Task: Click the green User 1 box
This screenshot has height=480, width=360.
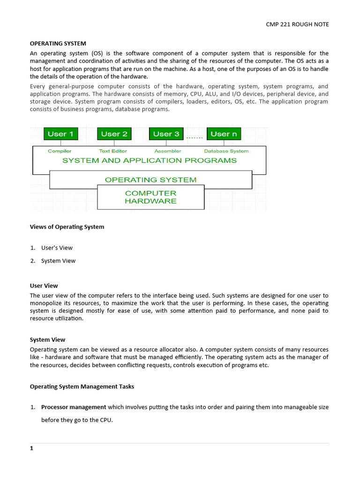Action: [61, 134]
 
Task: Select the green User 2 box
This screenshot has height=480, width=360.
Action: [114, 134]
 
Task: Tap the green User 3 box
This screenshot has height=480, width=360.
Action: [166, 134]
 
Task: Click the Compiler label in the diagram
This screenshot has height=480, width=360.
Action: [60, 151]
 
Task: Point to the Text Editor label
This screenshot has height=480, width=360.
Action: [113, 151]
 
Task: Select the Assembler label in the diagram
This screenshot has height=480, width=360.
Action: [167, 151]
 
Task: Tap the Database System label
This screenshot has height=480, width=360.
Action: [226, 151]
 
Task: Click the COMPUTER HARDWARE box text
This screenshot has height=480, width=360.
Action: [150, 197]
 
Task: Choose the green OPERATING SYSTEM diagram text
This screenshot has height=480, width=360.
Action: [150, 180]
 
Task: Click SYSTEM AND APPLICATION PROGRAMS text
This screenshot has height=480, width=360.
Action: [150, 160]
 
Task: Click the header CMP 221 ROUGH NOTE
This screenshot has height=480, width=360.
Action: [297, 24]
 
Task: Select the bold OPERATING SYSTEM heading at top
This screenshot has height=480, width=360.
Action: [58, 44]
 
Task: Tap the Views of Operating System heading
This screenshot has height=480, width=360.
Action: [67, 227]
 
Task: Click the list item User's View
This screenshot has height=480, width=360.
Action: [57, 247]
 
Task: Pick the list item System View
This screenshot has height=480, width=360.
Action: [58, 261]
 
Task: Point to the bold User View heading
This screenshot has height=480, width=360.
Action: [44, 285]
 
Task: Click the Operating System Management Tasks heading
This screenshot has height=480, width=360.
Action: [82, 387]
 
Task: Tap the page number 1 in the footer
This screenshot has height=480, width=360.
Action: [32, 448]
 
